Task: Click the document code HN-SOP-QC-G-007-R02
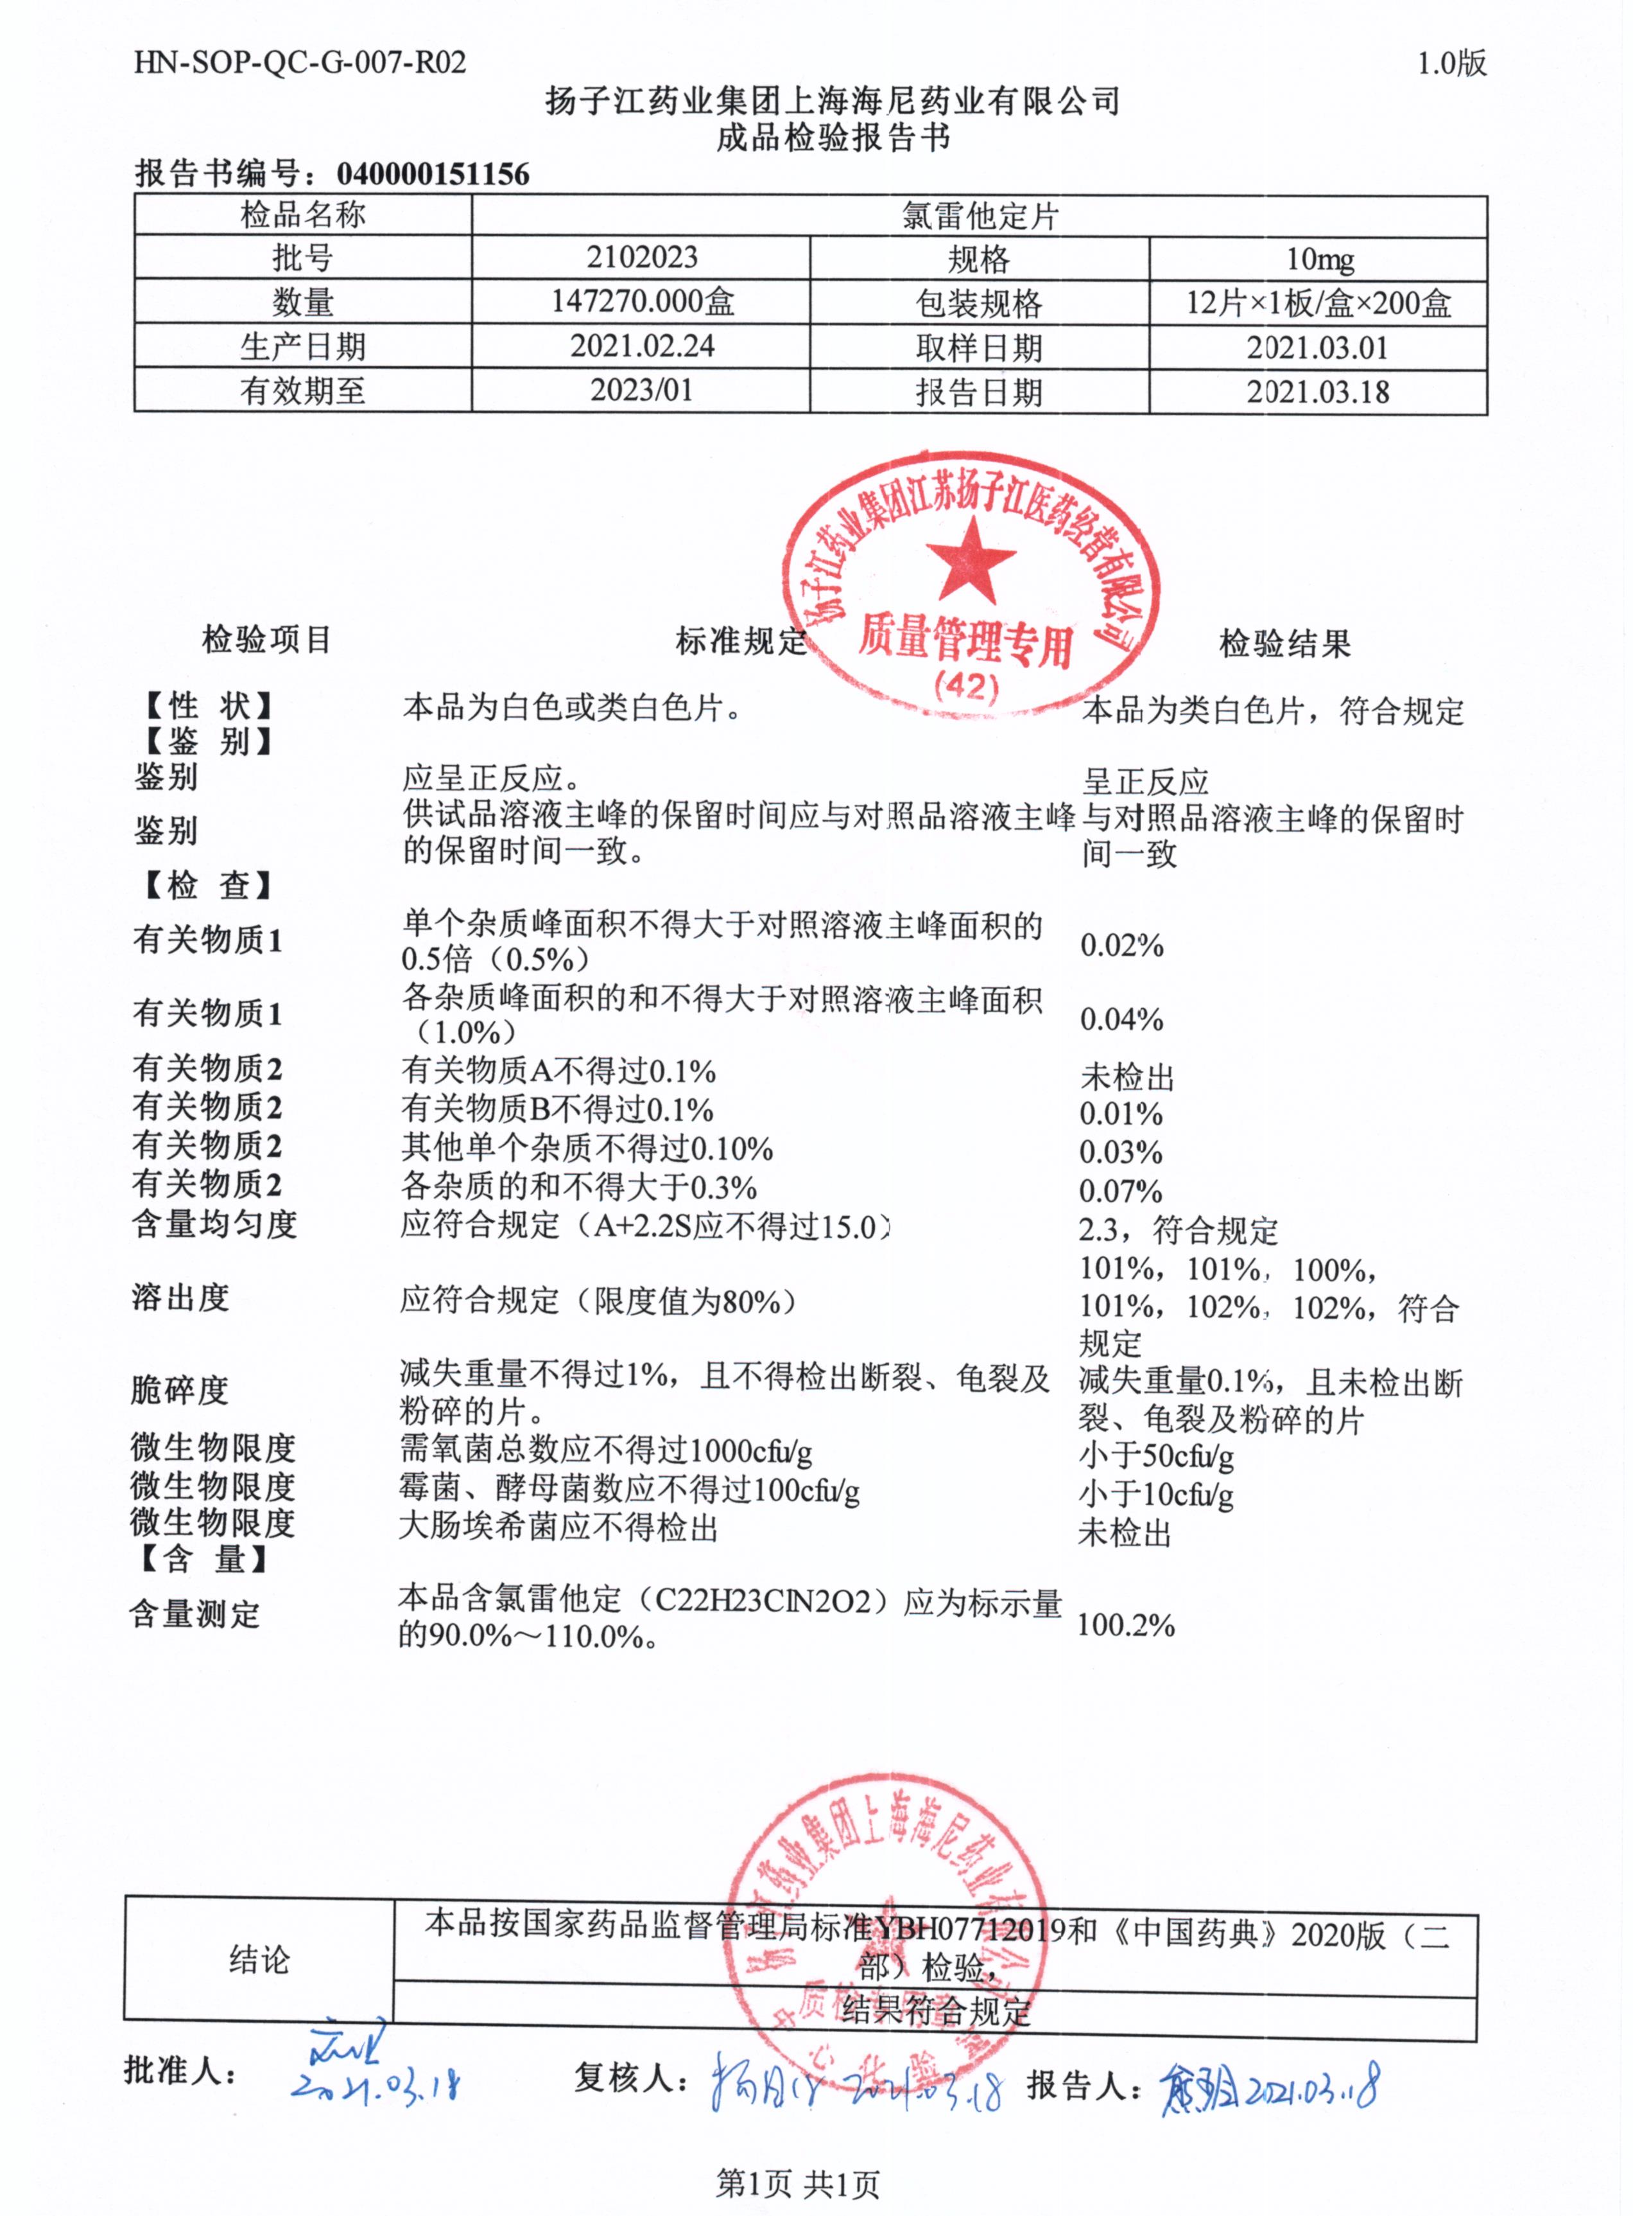[x=300, y=64]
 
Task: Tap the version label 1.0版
[x=1451, y=64]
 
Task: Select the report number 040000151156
[x=433, y=174]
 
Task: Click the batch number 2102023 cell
[x=641, y=258]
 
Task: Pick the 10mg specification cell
[x=1318, y=259]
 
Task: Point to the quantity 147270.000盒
[x=641, y=302]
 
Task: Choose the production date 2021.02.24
[x=641, y=346]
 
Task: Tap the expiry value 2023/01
[x=641, y=390]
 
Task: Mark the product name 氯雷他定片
[x=979, y=216]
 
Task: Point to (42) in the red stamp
[x=967, y=685]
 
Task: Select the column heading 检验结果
[x=1284, y=644]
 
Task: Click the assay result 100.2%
[x=1125, y=1624]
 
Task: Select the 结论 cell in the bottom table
[x=259, y=1959]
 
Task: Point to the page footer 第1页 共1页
[x=797, y=2183]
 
